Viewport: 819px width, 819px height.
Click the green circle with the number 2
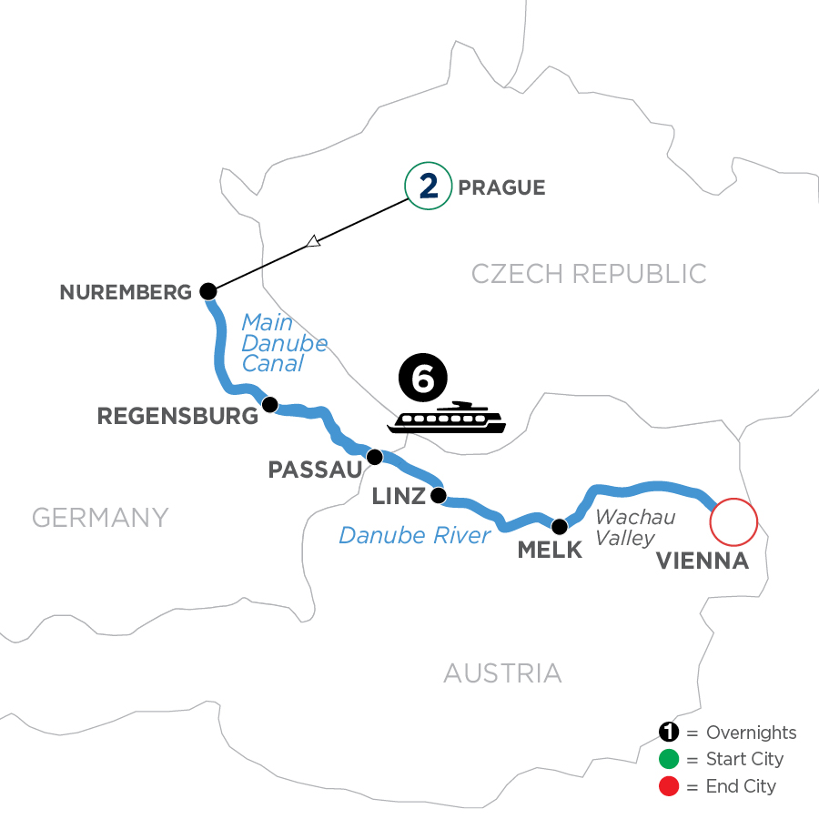coord(429,187)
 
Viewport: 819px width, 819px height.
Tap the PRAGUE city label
coord(502,188)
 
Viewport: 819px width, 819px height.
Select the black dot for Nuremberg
coord(208,291)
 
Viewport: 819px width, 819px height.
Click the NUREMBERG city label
coord(126,292)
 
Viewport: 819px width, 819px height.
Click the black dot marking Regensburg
coord(268,404)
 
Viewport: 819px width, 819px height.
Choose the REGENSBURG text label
coord(177,417)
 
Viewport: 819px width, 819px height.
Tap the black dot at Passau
coord(373,456)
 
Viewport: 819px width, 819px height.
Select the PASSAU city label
coord(315,470)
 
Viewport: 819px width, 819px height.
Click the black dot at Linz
coord(438,496)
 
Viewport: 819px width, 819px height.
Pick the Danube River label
coord(414,535)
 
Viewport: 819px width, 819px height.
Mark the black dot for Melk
coord(560,525)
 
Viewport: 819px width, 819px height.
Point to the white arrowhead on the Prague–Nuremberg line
coord(313,241)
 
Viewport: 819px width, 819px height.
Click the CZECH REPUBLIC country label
coord(589,273)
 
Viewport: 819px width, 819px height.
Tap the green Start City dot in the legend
coord(670,759)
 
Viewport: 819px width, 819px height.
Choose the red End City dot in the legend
coord(670,785)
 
